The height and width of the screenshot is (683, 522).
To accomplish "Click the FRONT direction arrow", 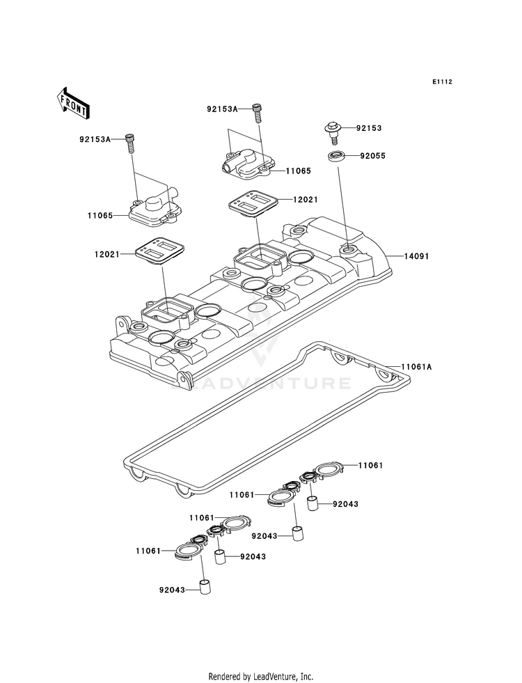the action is [72, 104].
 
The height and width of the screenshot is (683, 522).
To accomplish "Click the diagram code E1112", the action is [442, 81].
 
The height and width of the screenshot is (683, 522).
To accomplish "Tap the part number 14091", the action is [416, 257].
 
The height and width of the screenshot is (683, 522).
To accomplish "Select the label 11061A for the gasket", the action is [416, 367].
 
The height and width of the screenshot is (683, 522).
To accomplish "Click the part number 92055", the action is [372, 156].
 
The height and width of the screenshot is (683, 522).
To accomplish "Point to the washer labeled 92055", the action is [335, 155].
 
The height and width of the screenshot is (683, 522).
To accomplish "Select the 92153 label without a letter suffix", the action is [369, 128].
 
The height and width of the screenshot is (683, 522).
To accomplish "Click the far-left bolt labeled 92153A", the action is [129, 143].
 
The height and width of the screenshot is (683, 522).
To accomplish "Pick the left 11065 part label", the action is [100, 215].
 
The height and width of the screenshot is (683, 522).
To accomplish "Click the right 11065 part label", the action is [298, 171].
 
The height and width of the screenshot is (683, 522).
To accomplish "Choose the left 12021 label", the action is [106, 254].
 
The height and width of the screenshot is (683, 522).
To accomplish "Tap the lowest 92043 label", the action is [172, 590].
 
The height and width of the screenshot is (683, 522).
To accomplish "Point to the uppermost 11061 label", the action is [370, 466].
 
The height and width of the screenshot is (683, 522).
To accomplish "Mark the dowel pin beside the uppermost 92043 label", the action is [313, 504].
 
